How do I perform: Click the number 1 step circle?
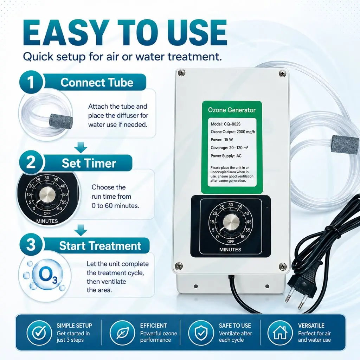(x=31, y=82)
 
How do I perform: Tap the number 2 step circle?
(x=31, y=162)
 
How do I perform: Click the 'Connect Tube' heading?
(x=97, y=82)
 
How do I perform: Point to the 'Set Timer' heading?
(x=89, y=163)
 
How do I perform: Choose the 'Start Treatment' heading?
(x=100, y=246)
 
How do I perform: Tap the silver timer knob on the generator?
(x=231, y=223)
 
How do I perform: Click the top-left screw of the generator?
(x=182, y=73)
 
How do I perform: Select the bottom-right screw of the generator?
(x=282, y=266)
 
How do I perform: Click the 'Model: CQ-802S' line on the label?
(x=225, y=124)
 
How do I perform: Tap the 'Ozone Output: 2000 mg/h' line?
(x=233, y=132)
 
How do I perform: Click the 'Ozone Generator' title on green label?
(x=232, y=110)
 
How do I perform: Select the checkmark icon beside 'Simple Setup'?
(x=39, y=333)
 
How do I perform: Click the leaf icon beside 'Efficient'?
(x=122, y=333)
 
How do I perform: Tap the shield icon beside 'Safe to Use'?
(x=201, y=333)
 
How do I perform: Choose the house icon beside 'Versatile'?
(x=280, y=333)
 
